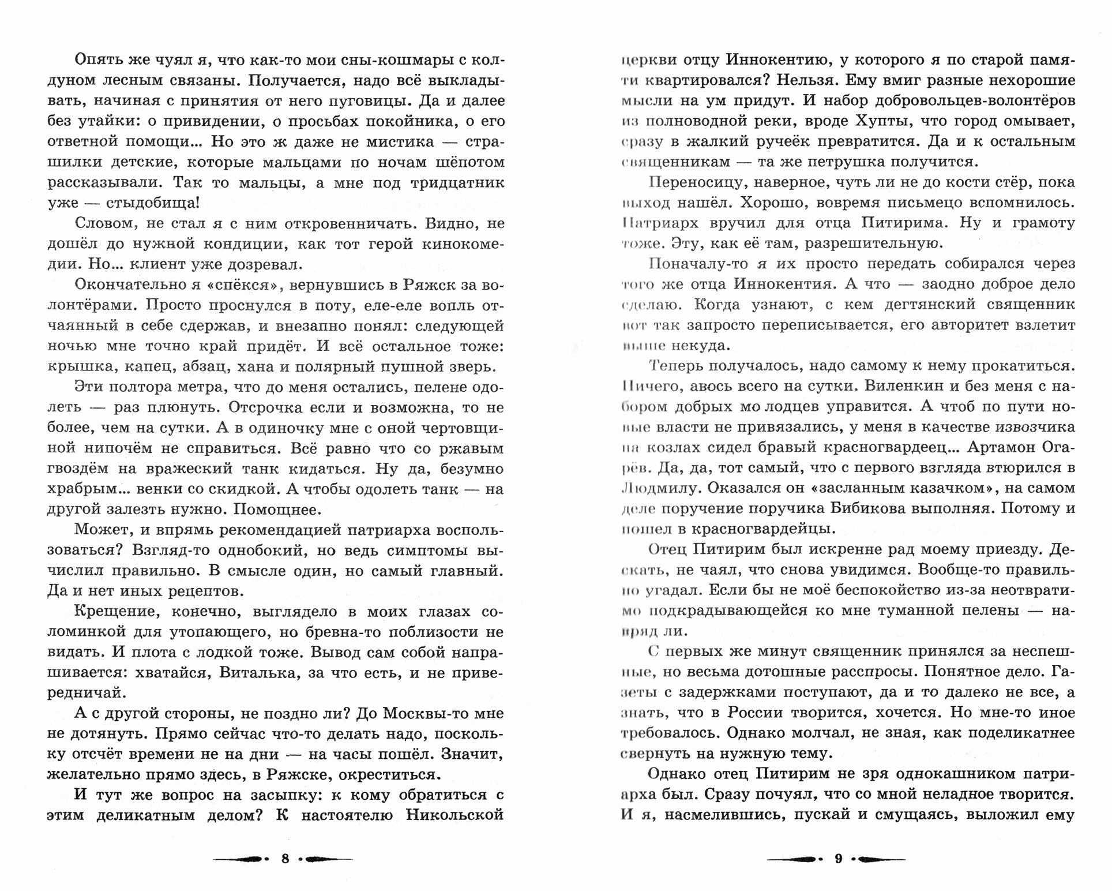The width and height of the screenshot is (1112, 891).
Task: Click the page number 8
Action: [x=284, y=858]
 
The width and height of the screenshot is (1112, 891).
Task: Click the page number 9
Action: [x=839, y=858]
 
